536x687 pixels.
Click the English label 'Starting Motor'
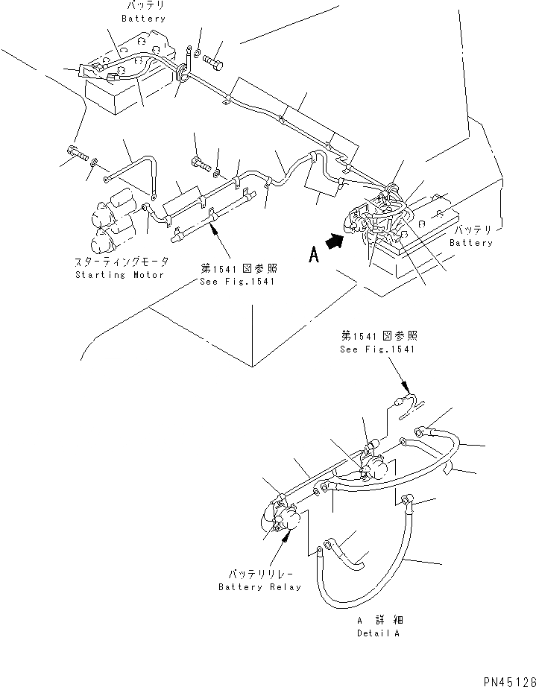122,275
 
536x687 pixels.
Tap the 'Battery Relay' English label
260,587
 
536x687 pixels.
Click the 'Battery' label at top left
145,18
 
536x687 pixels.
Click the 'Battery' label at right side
470,243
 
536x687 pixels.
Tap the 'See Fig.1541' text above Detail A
378,349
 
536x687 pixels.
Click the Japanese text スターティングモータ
122,262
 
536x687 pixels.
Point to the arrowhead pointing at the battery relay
284,542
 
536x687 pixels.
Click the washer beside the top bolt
196,52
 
